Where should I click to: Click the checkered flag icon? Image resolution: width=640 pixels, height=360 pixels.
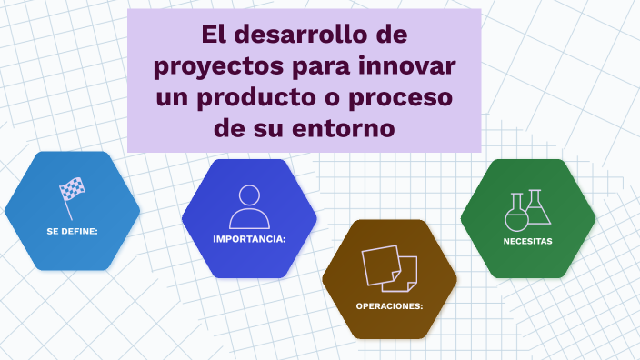tap(72, 191)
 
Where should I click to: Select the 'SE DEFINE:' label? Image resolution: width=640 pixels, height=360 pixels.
tap(72, 231)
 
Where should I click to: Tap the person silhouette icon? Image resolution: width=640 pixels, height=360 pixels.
tap(249, 206)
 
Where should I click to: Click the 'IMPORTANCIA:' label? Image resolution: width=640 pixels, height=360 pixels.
tap(249, 239)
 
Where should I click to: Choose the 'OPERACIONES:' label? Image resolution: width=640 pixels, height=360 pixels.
tap(389, 305)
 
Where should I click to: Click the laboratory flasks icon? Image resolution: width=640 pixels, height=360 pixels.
tap(528, 209)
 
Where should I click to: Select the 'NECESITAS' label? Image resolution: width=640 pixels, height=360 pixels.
tap(528, 241)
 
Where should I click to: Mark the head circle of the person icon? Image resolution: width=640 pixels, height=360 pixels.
tap(249, 196)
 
